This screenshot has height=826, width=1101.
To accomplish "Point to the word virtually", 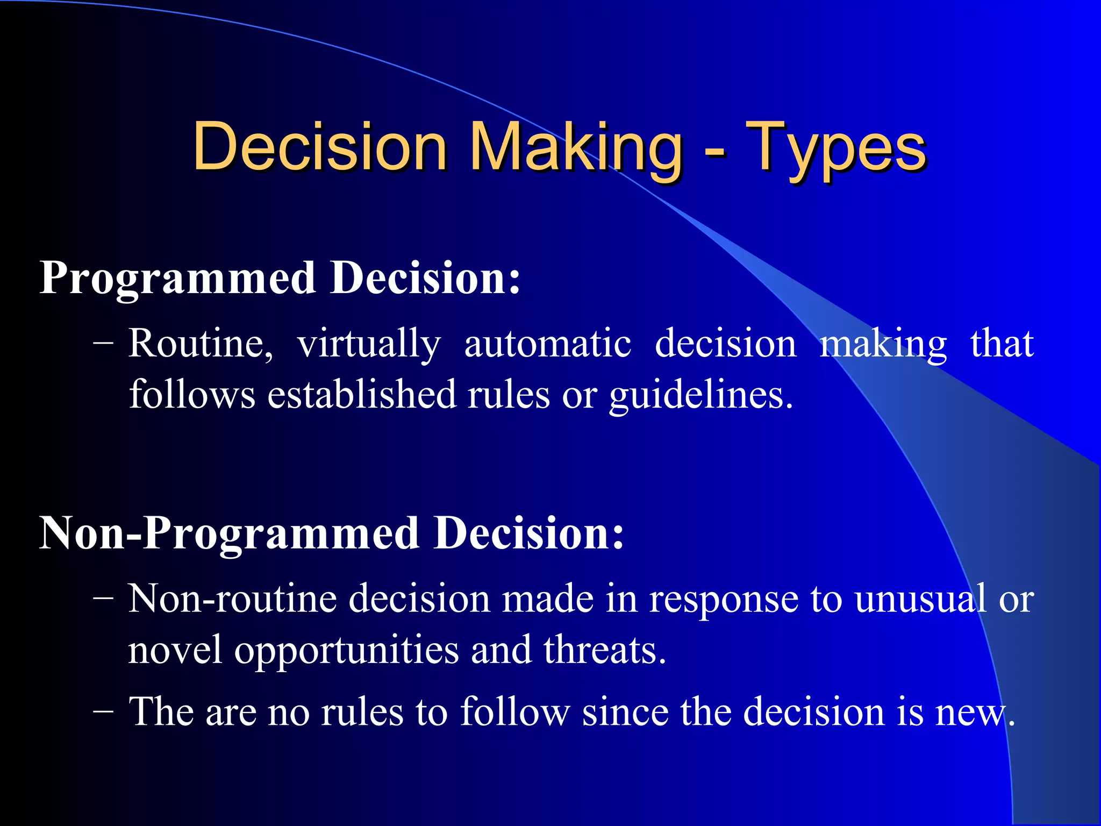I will click(369, 344).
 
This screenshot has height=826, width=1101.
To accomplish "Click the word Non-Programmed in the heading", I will click(229, 534).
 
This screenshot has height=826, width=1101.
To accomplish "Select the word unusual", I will click(920, 599).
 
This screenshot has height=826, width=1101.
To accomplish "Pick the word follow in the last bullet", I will click(514, 712).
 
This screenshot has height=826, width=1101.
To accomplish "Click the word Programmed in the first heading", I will click(177, 279).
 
